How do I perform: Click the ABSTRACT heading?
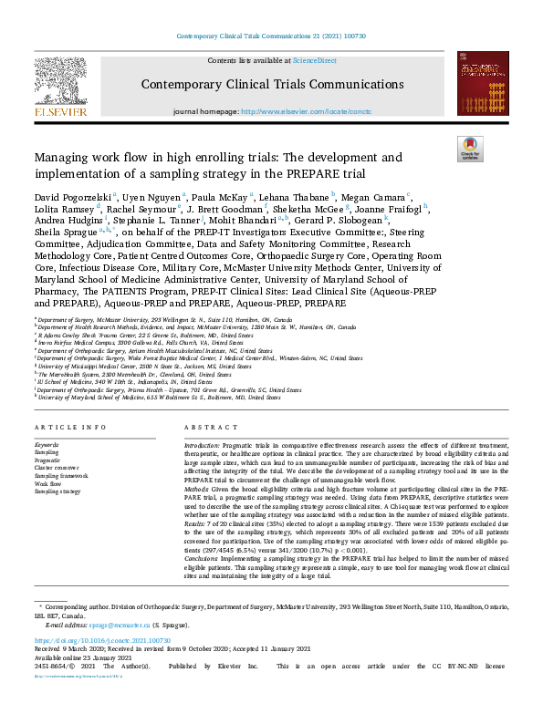click(205, 428)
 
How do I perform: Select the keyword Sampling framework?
click(62, 476)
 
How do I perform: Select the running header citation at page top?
click(271, 36)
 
